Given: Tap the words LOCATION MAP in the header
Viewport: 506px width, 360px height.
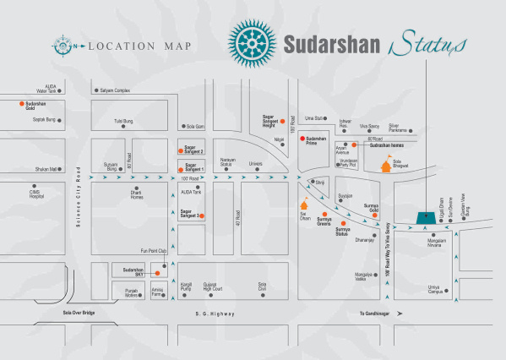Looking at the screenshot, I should (139, 46).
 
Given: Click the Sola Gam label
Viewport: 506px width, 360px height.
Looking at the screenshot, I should (195, 126).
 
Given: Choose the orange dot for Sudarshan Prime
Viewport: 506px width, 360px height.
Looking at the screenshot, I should (302, 138).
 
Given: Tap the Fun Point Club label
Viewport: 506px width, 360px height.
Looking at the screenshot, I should (154, 250).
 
